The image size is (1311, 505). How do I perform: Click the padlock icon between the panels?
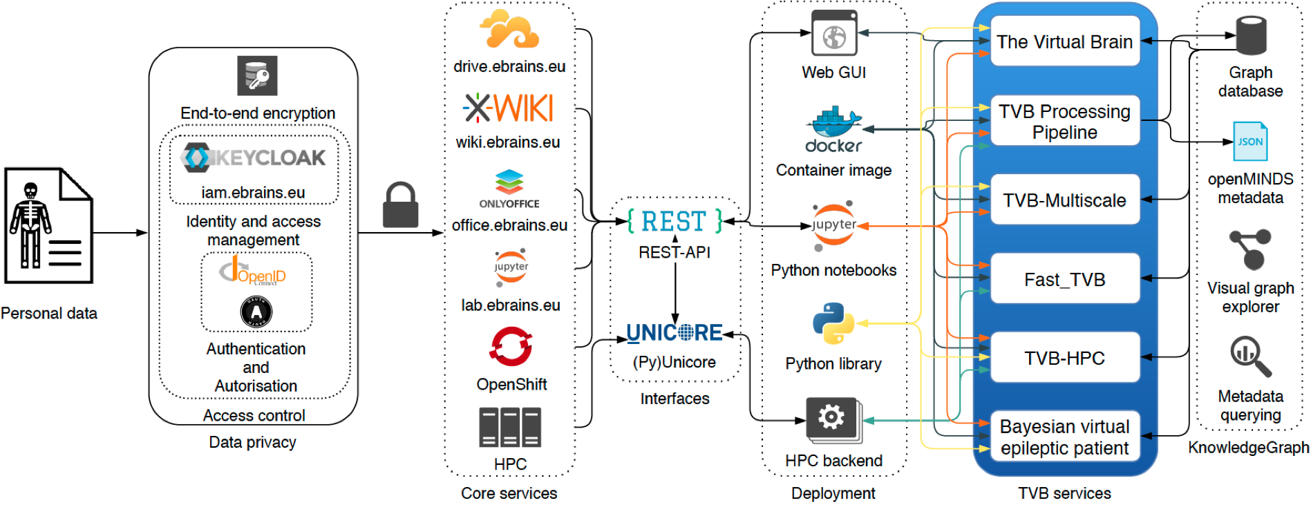pyautogui.click(x=400, y=205)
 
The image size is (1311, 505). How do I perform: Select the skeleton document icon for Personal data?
pyautogui.click(x=48, y=225)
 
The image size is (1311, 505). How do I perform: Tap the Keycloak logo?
pyautogui.click(x=254, y=158)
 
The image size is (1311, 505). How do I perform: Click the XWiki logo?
pyautogui.click(x=509, y=108)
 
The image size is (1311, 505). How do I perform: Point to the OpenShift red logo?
pyautogui.click(x=511, y=346)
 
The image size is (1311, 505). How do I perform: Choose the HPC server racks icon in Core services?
pyautogui.click(x=510, y=427)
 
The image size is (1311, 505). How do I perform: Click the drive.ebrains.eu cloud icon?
pyautogui.click(x=509, y=30)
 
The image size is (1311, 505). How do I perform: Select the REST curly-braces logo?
pyautogui.click(x=675, y=221)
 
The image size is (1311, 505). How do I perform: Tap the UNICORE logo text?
pyautogui.click(x=675, y=333)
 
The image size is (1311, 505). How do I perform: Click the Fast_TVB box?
pyautogui.click(x=1064, y=279)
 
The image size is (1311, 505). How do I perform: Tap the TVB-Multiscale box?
pyautogui.click(x=1064, y=200)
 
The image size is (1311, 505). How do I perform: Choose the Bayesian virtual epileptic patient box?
pyautogui.click(x=1064, y=437)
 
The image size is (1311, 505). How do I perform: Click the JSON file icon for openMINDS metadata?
pyautogui.click(x=1249, y=142)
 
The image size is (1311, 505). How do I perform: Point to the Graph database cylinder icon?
pyautogui.click(x=1251, y=35)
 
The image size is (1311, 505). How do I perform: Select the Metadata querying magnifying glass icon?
pyautogui.click(x=1250, y=356)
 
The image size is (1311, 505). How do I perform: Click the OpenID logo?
pyautogui.click(x=254, y=271)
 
